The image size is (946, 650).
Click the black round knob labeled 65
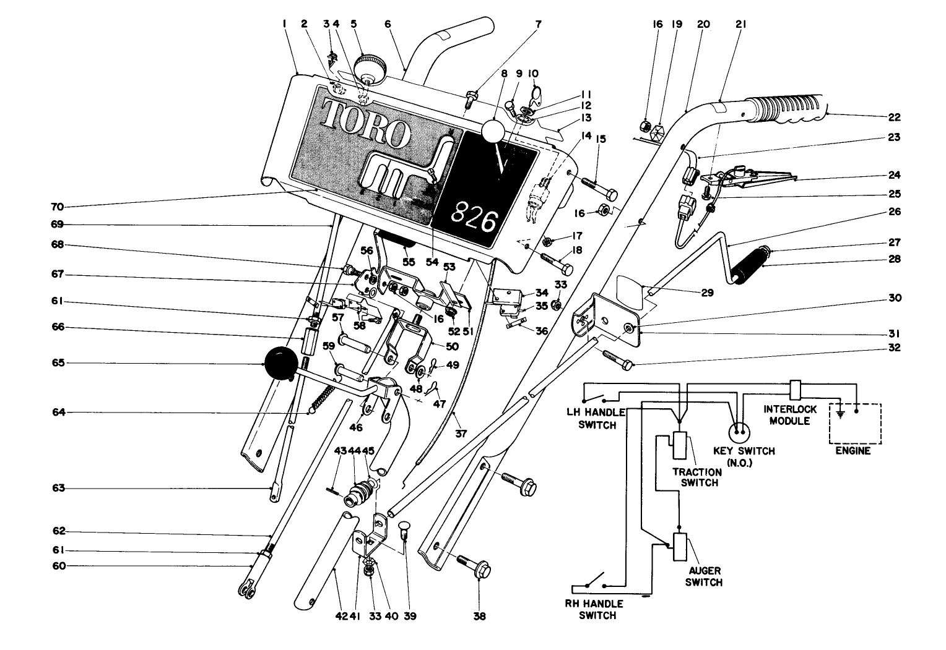pos(281,363)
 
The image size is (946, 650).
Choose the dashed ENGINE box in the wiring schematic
pos(855,424)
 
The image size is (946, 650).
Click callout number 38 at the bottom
pos(480,616)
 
